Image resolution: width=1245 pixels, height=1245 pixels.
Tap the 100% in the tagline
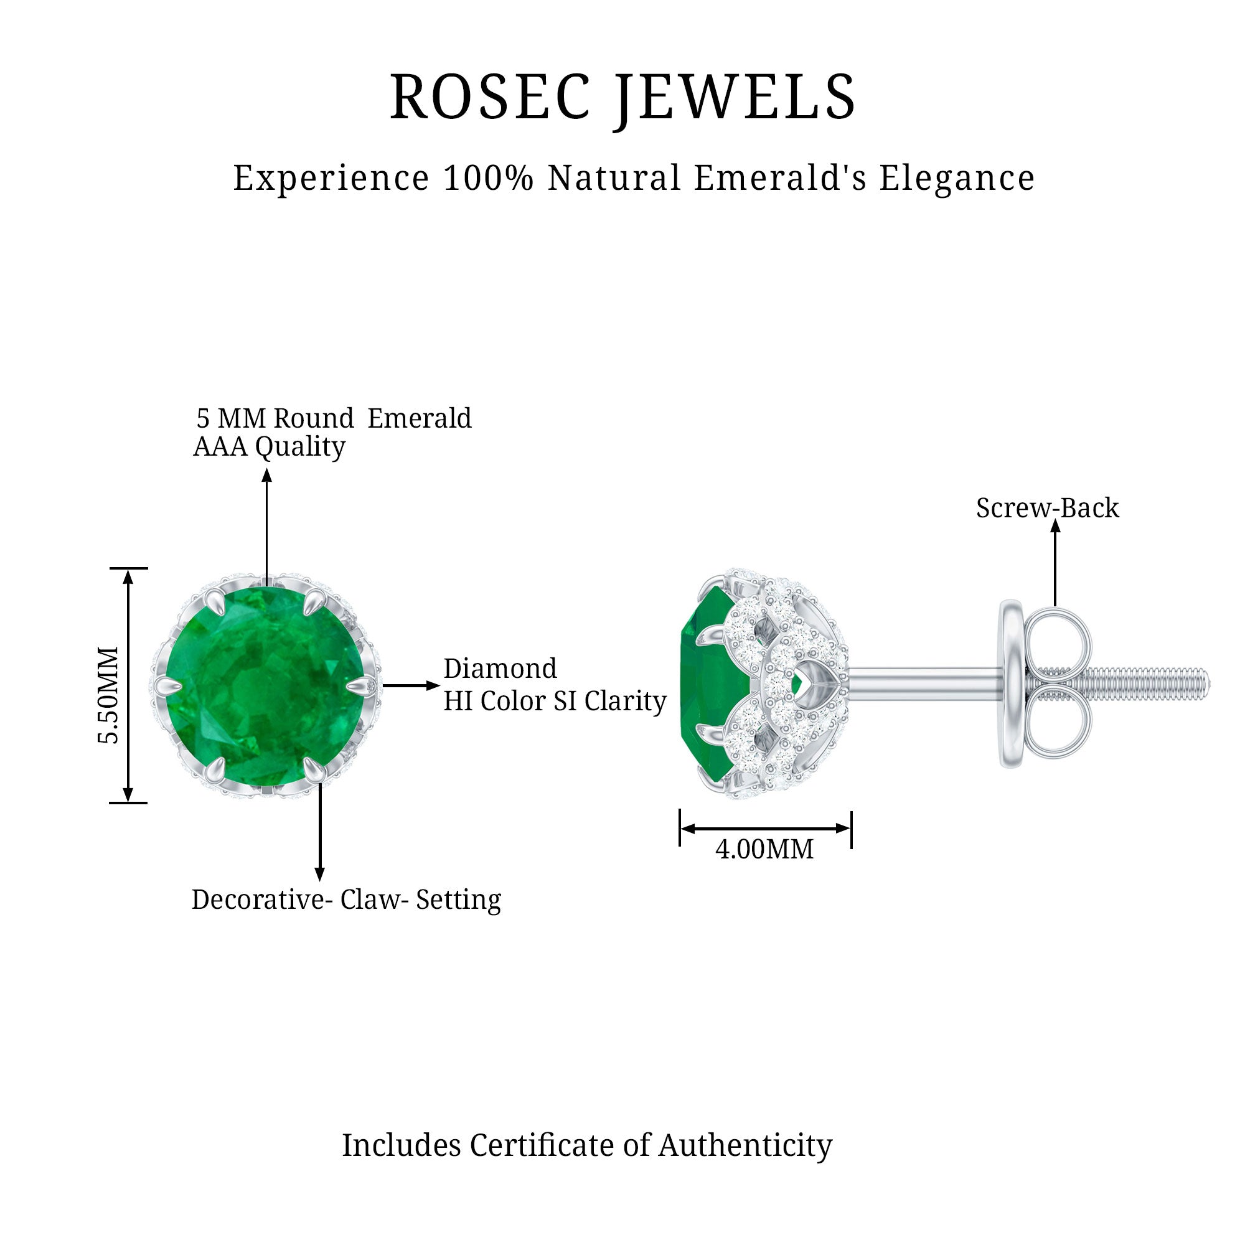point(489,178)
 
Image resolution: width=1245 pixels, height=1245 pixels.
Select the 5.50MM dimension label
point(108,695)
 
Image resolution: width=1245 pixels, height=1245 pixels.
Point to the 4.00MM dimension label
point(764,849)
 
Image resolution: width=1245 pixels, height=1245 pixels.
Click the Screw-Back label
point(1047,508)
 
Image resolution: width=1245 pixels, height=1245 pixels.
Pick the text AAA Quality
point(270,446)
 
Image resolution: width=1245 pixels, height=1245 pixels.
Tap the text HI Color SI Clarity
point(555,701)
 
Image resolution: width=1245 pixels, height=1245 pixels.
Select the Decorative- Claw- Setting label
point(346,900)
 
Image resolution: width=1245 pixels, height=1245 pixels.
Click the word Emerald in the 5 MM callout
point(420,418)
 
